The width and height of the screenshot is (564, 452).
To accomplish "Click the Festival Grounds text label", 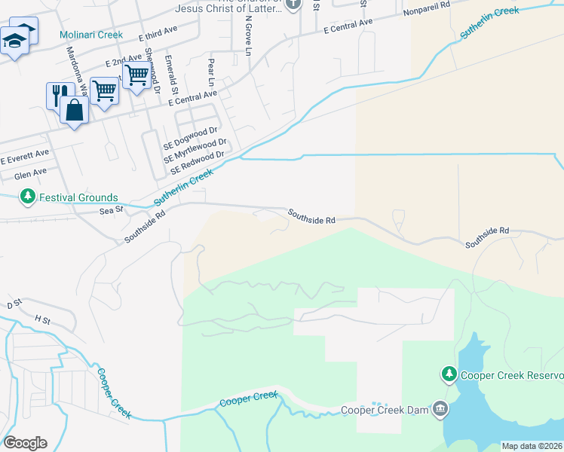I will click(79, 197).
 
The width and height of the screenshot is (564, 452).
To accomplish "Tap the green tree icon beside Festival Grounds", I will click(28, 197).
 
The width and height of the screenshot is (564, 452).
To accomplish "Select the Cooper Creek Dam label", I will click(385, 411).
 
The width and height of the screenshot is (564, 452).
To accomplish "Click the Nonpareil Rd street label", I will click(426, 14).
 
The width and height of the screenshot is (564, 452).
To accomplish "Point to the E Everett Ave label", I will click(24, 157).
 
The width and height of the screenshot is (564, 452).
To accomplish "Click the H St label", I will click(42, 319).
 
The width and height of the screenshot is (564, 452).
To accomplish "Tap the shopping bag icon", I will click(75, 110).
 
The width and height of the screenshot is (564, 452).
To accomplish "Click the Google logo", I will click(25, 443).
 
